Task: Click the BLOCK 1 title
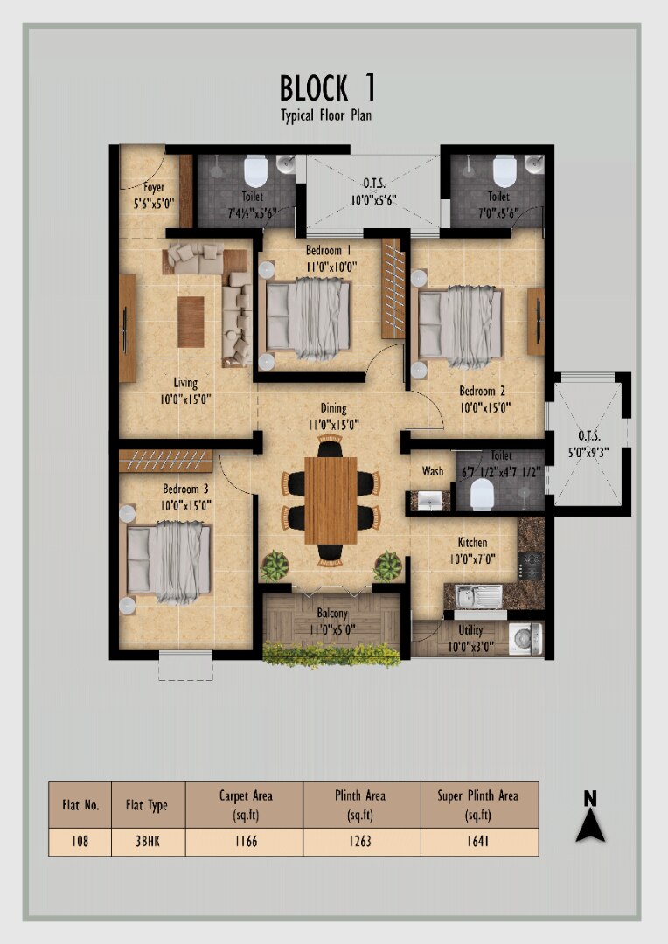click(328, 88)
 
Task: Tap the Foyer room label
click(154, 187)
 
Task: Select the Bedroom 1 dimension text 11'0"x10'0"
click(331, 266)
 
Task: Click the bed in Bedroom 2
click(461, 326)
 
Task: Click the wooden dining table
click(331, 500)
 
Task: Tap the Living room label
click(184, 382)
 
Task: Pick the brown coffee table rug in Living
click(191, 322)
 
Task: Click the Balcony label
click(332, 614)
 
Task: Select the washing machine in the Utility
click(525, 638)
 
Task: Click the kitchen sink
click(479, 596)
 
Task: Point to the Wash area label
click(433, 471)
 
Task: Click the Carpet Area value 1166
click(245, 841)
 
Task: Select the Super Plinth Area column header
click(477, 805)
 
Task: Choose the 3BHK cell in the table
click(148, 841)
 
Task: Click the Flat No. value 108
click(80, 841)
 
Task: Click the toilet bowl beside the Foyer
click(256, 171)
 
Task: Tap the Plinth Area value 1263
click(360, 841)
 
